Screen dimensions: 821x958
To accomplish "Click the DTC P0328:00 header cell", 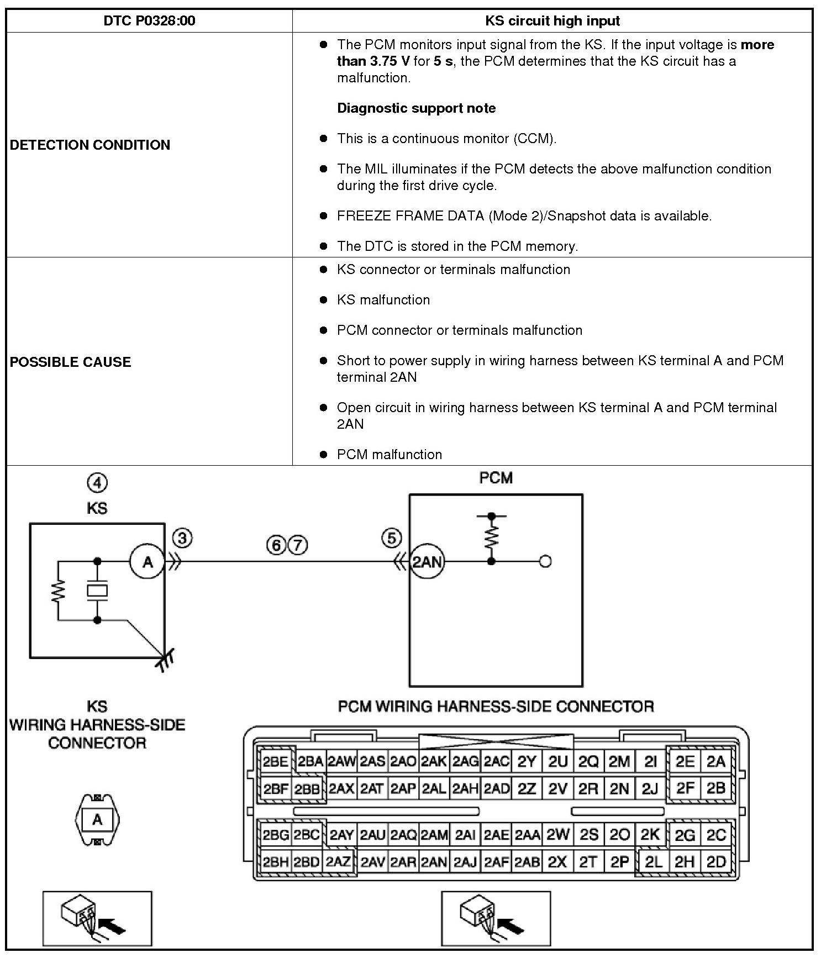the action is click(149, 21).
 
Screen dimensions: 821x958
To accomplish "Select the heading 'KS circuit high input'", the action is click(552, 21).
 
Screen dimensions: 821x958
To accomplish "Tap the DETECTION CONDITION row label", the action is click(90, 145).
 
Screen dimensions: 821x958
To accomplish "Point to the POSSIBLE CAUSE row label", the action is click(71, 362).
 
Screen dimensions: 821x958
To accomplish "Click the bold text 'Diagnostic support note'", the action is click(417, 108).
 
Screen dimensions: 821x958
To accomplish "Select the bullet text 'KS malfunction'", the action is click(383, 299).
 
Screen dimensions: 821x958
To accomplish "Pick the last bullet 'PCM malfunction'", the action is click(390, 454).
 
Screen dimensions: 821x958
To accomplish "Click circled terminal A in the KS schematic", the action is click(148, 562).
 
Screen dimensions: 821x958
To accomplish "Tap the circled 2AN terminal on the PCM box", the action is click(427, 562).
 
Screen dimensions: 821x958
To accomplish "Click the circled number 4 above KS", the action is click(97, 483).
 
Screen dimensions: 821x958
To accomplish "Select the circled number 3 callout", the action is click(182, 538).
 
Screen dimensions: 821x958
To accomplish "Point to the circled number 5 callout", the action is click(391, 538).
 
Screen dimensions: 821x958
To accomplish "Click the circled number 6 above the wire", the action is click(277, 546).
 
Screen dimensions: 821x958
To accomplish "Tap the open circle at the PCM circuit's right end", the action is click(545, 562).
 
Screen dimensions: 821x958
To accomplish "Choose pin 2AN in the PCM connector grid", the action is click(434, 862).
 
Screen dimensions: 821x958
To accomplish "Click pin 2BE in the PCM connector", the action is click(275, 762).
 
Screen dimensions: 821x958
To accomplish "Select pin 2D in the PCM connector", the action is click(716, 862).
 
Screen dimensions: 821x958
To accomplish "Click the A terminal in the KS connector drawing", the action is click(97, 819).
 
